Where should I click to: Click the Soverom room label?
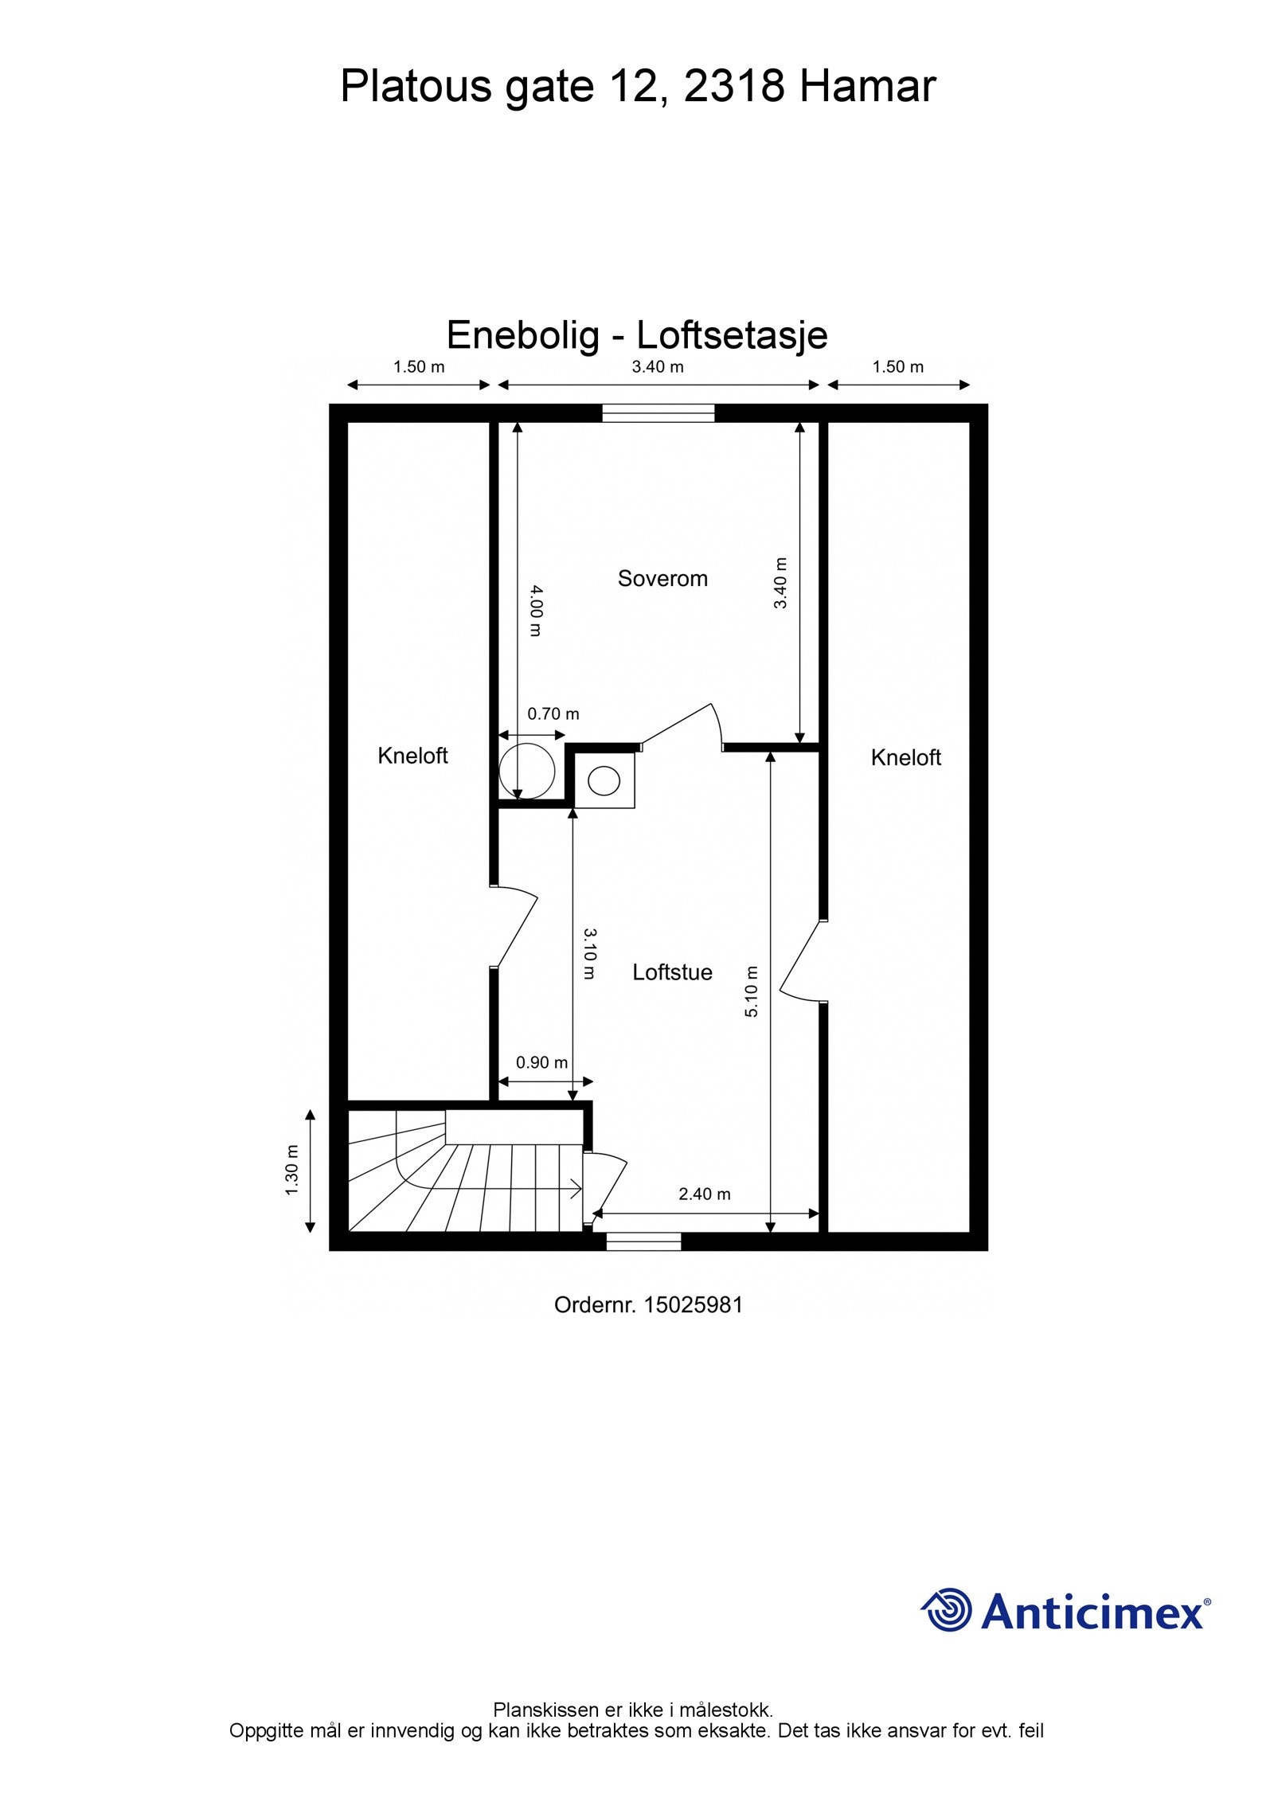coord(662,579)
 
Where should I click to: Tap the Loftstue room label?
coord(672,972)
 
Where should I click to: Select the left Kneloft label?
coord(412,756)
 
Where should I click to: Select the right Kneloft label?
coord(905,757)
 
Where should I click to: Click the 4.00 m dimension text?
coord(536,611)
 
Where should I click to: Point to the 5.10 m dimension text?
coord(752,991)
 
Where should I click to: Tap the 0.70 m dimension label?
coord(553,714)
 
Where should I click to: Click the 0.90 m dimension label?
coord(541,1063)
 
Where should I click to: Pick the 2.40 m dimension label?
coord(704,1194)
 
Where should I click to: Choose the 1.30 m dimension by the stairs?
coord(291,1170)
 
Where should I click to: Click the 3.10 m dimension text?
coord(589,953)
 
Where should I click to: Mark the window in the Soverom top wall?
coord(658,413)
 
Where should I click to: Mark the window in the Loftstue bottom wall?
coord(643,1241)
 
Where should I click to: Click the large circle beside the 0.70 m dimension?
coord(526,771)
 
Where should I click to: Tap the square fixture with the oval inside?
coord(604,780)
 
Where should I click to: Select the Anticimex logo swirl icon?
coord(948,1609)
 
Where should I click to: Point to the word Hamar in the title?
coord(867,86)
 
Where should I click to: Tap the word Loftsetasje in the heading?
coord(732,335)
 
